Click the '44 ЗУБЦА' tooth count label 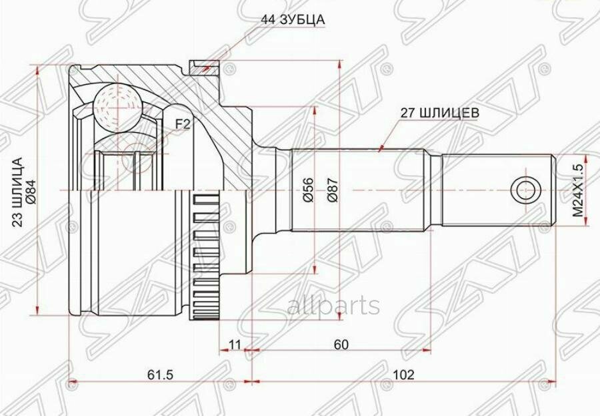pyautogui.click(x=293, y=19)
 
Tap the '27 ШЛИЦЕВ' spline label pyautogui.click(x=440, y=113)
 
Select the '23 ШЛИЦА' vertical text pyautogui.click(x=18, y=192)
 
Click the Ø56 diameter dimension pyautogui.click(x=309, y=190)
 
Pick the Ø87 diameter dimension pyautogui.click(x=333, y=190)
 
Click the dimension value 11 pyautogui.click(x=235, y=345)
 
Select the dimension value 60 pyautogui.click(x=341, y=345)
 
